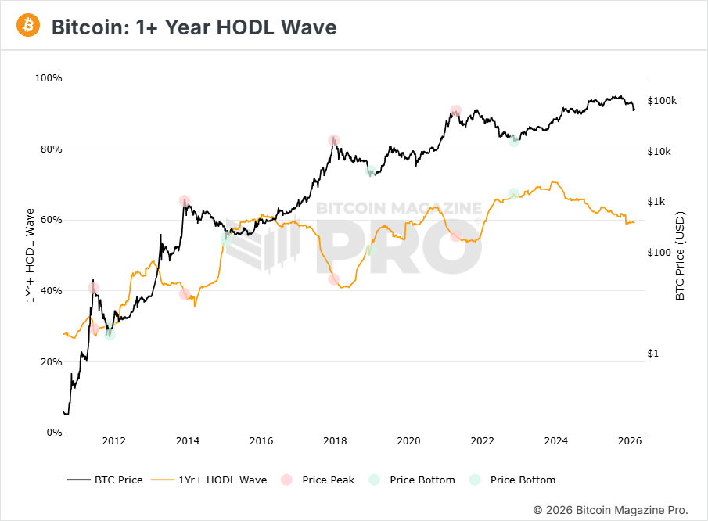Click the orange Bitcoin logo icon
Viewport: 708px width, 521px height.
pyautogui.click(x=28, y=26)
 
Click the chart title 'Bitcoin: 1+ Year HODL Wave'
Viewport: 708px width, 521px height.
pyautogui.click(x=193, y=27)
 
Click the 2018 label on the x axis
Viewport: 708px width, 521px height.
pyautogui.click(x=335, y=442)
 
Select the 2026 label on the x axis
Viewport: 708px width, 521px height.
pyautogui.click(x=630, y=442)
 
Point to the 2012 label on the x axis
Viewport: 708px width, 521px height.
pyautogui.click(x=113, y=442)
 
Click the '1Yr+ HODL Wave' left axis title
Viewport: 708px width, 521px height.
pyautogui.click(x=31, y=256)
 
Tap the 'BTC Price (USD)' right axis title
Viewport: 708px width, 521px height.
pyautogui.click(x=680, y=256)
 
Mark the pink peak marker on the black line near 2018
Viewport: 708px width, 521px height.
pyautogui.click(x=334, y=141)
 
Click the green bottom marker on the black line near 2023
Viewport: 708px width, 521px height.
pyautogui.click(x=514, y=141)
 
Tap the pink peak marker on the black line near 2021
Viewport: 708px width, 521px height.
pyautogui.click(x=455, y=111)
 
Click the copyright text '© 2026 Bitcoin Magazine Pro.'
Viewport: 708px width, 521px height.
pyautogui.click(x=611, y=510)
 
